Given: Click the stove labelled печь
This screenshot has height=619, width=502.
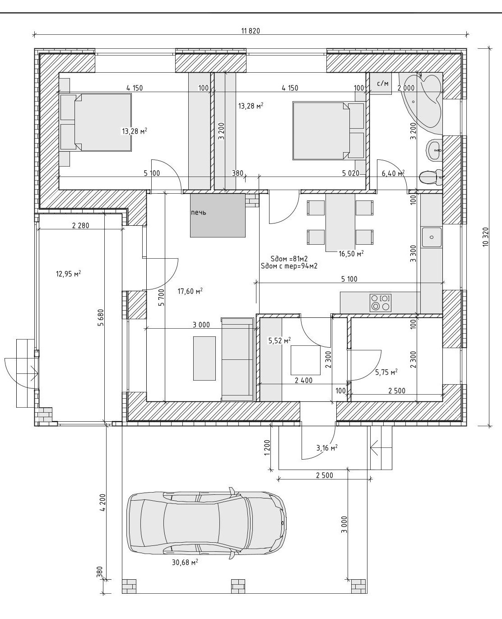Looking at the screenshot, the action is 218,216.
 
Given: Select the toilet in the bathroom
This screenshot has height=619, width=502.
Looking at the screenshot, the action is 429,177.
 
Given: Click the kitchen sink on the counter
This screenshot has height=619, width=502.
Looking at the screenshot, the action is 432,237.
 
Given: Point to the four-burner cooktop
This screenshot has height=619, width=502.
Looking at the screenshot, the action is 380,303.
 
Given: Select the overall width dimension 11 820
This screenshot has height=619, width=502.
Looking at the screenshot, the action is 251,31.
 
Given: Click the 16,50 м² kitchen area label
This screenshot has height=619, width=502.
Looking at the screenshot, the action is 351,254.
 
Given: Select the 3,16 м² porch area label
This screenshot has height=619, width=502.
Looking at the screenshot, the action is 327,448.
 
